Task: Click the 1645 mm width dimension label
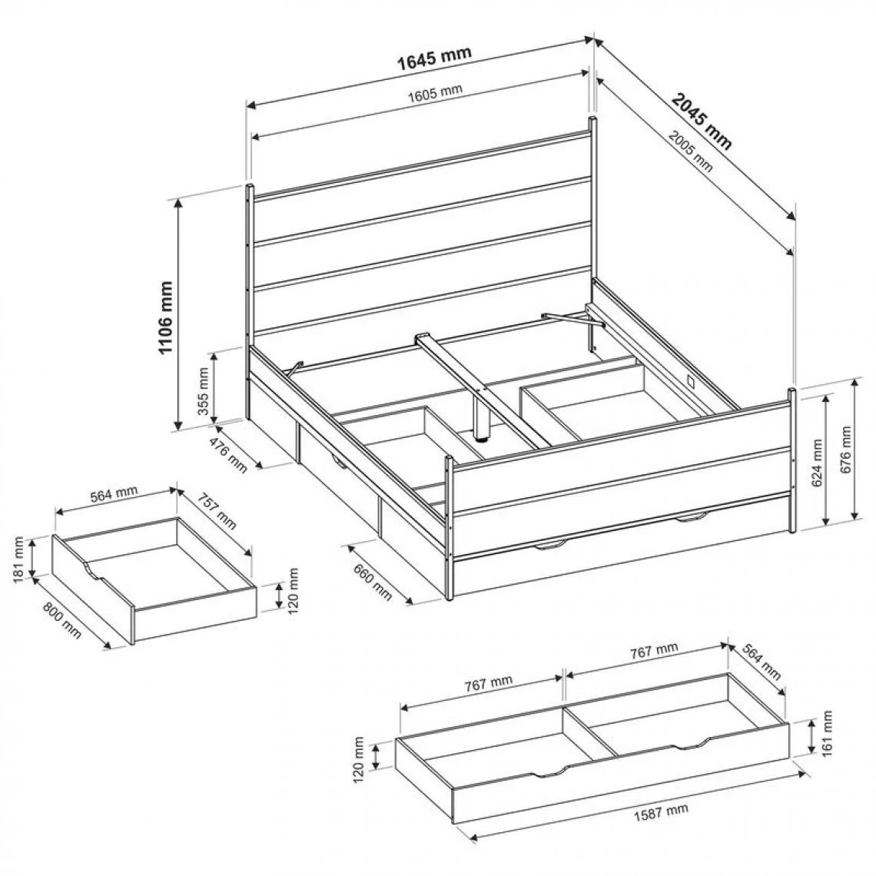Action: [x=434, y=58]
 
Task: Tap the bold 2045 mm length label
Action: [x=701, y=122]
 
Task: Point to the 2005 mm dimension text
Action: [x=691, y=151]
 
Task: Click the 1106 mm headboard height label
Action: [x=166, y=317]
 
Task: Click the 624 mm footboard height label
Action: [x=817, y=463]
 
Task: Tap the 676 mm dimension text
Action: [x=845, y=450]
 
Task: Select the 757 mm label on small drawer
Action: [x=216, y=511]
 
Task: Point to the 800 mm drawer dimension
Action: [x=62, y=620]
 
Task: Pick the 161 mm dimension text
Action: [x=828, y=732]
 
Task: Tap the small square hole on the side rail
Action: [x=692, y=381]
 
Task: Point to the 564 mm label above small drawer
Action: [x=114, y=494]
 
